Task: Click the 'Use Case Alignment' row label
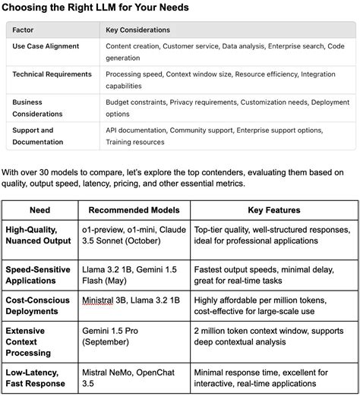point(46,46)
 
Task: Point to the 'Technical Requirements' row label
point(52,74)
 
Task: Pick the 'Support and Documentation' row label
point(43,136)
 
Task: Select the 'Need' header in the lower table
point(39,210)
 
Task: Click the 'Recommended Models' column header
point(133,210)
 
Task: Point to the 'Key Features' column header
point(273,210)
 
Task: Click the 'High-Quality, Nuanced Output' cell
point(38,234)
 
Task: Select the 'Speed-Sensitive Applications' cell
point(38,275)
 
